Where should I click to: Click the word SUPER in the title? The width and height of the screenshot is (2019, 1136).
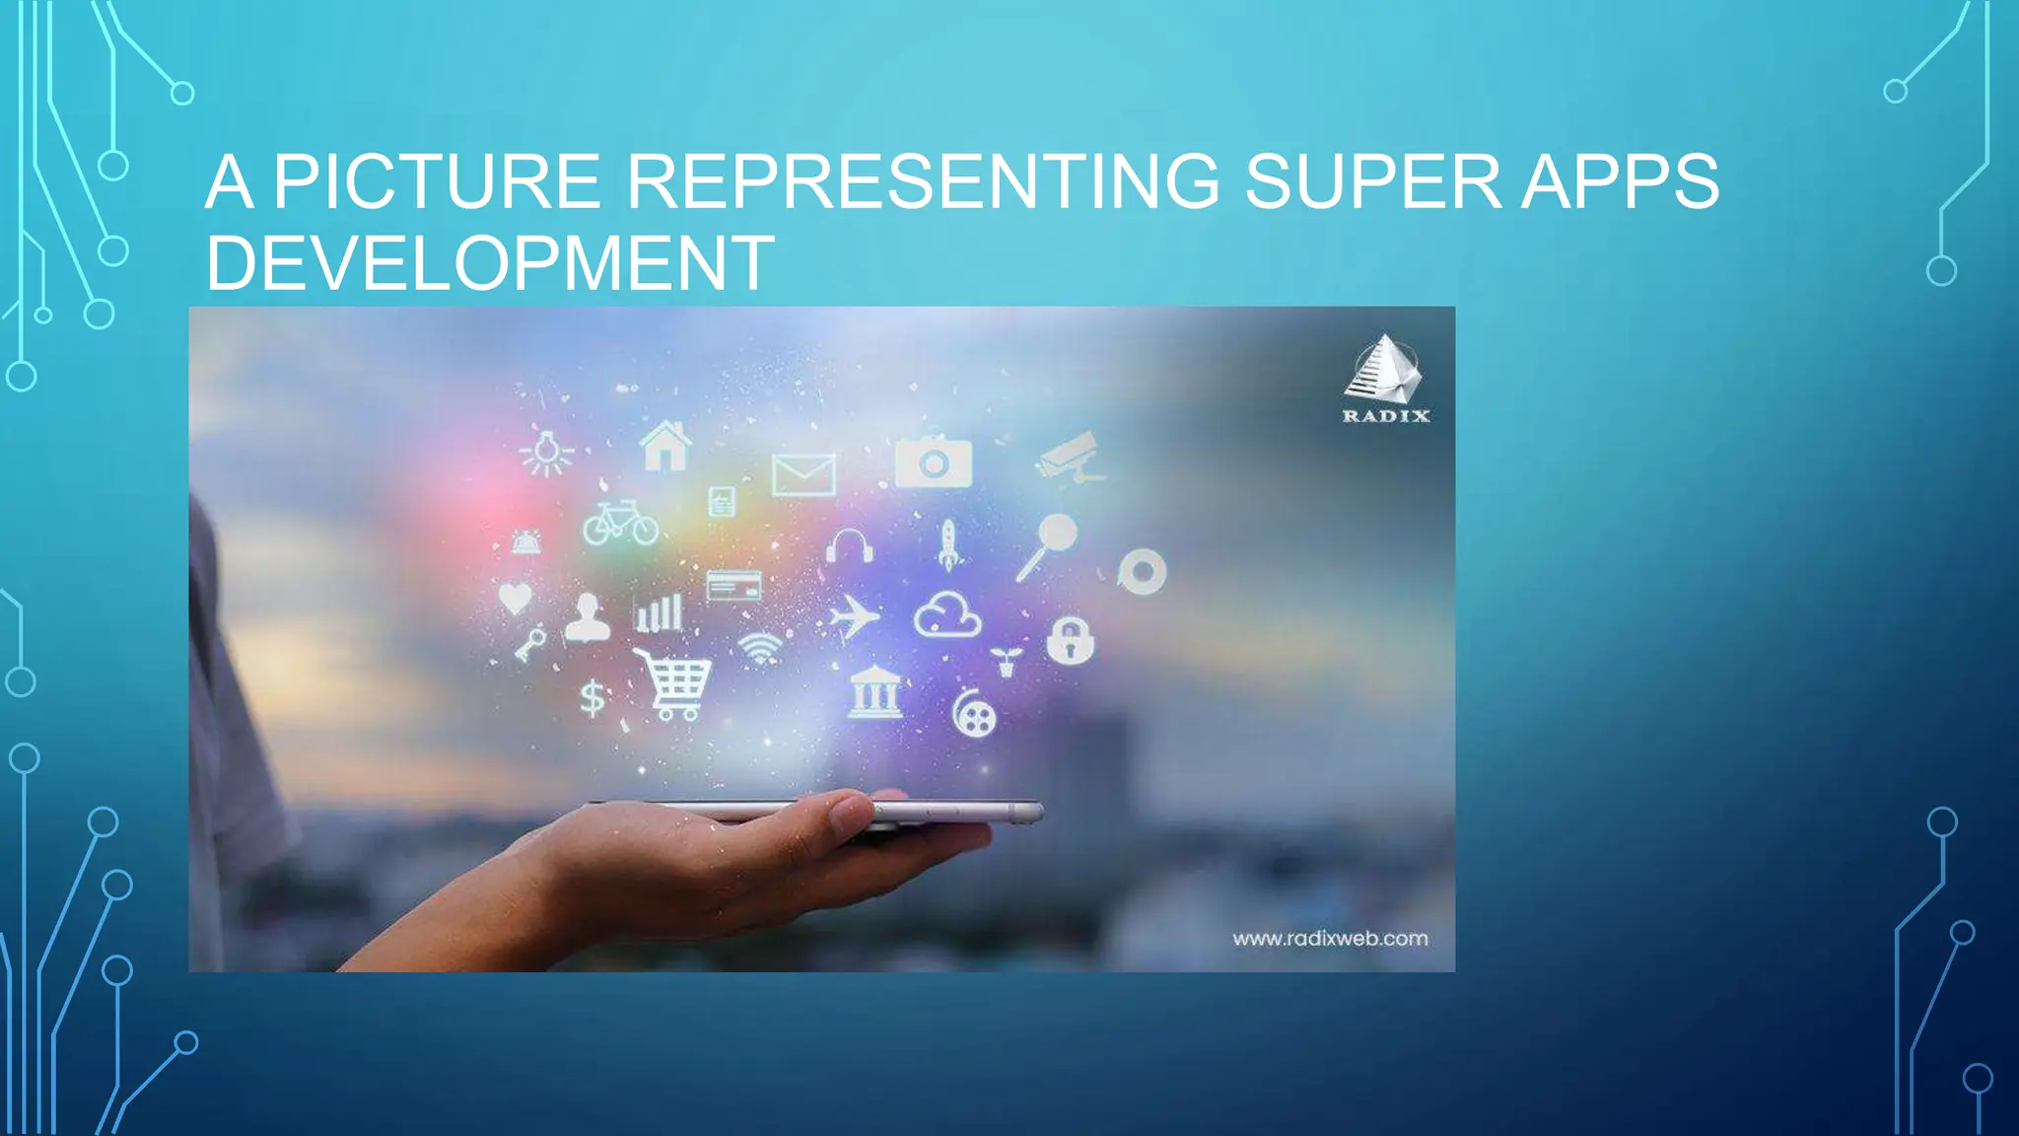tap(1370, 181)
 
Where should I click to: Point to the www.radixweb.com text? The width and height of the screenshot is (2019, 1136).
tap(1330, 939)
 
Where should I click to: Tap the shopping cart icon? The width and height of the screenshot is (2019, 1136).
tap(674, 682)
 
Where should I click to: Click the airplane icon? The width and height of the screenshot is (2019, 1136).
tap(853, 618)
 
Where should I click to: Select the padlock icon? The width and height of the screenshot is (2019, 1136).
tap(1070, 641)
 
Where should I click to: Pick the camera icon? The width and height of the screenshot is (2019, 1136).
tap(933, 461)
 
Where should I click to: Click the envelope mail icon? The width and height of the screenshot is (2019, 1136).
tap(803, 475)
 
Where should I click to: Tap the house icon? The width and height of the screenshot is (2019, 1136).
tap(665, 446)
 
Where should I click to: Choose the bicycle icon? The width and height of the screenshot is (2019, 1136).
tap(620, 523)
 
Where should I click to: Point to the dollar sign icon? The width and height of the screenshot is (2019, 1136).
tap(592, 698)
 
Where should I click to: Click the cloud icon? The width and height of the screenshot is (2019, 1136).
tap(947, 615)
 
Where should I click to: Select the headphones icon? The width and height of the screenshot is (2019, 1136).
tap(849, 545)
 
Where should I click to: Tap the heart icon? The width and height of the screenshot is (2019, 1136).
tap(515, 598)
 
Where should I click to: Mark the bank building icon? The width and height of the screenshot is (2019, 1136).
tap(874, 692)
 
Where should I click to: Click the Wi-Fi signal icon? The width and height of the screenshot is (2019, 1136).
tap(760, 648)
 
